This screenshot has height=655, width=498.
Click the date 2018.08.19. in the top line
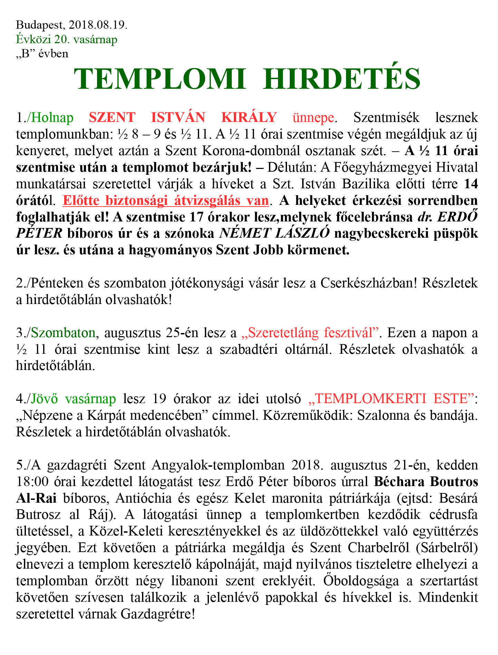tap(98, 25)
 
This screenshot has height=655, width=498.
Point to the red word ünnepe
tap(313, 118)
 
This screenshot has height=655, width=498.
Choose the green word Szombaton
tap(63, 333)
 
